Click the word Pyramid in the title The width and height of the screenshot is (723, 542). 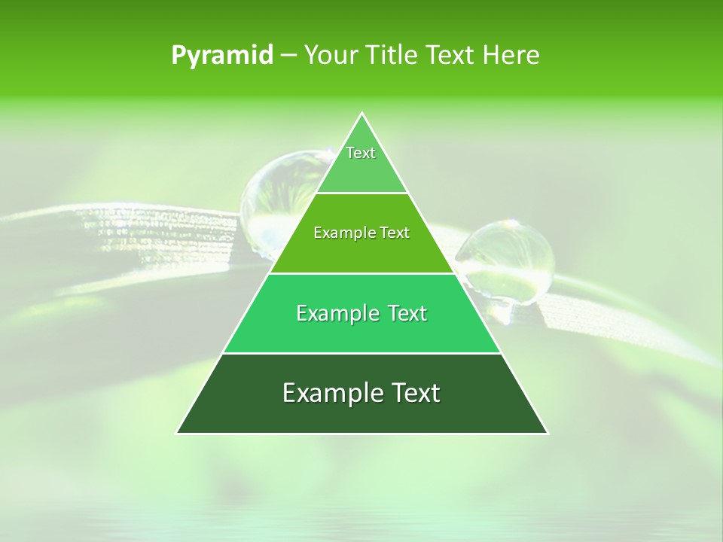[222, 56]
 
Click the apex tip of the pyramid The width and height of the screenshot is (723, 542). [361, 114]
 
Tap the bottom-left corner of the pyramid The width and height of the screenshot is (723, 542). [178, 433]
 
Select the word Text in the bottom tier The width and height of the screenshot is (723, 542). [413, 393]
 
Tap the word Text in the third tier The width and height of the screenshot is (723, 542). [407, 313]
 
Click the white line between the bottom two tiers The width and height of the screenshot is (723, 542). [361, 353]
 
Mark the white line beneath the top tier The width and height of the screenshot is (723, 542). [361, 193]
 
